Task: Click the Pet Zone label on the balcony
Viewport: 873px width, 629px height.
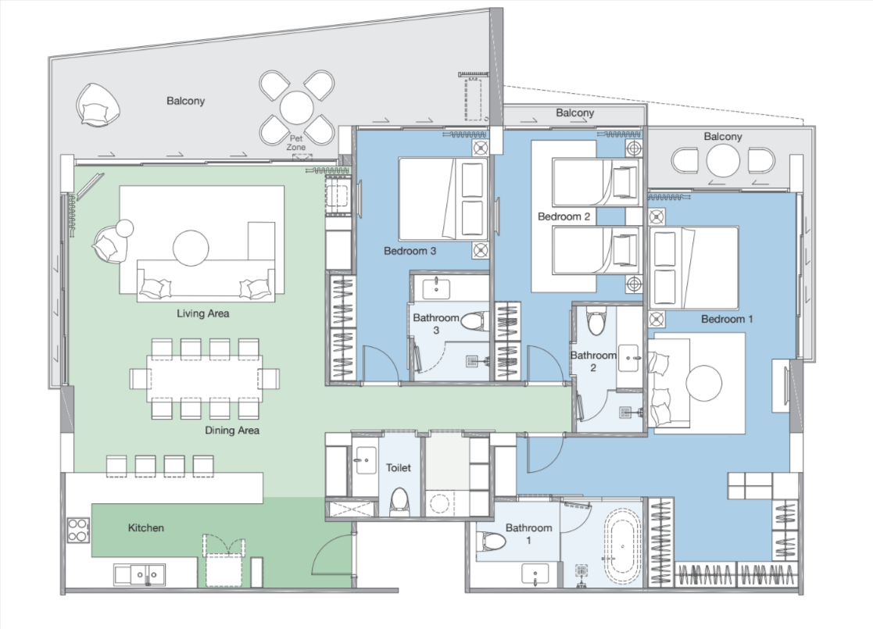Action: [296, 142]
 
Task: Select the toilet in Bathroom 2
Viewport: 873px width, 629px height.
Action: [596, 320]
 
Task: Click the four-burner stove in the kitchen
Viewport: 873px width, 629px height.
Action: [77, 530]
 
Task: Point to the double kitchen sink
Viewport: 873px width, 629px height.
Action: [140, 574]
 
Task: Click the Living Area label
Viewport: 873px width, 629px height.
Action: [202, 313]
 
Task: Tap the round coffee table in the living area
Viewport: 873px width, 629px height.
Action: [191, 248]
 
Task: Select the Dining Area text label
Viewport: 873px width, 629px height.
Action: [231, 431]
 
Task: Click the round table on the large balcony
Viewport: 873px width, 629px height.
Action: [296, 107]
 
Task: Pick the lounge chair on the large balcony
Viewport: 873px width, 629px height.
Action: [98, 105]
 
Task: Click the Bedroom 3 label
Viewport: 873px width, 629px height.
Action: [410, 251]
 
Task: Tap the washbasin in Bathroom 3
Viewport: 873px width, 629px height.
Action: [436, 288]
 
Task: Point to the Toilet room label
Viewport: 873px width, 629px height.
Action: [398, 467]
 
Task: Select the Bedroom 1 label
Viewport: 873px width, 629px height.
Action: [727, 319]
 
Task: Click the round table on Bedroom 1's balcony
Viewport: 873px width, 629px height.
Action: [723, 161]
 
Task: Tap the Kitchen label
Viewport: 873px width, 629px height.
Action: [146, 527]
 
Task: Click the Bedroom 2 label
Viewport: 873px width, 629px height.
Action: [564, 216]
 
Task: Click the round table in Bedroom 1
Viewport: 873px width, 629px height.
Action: [703, 383]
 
